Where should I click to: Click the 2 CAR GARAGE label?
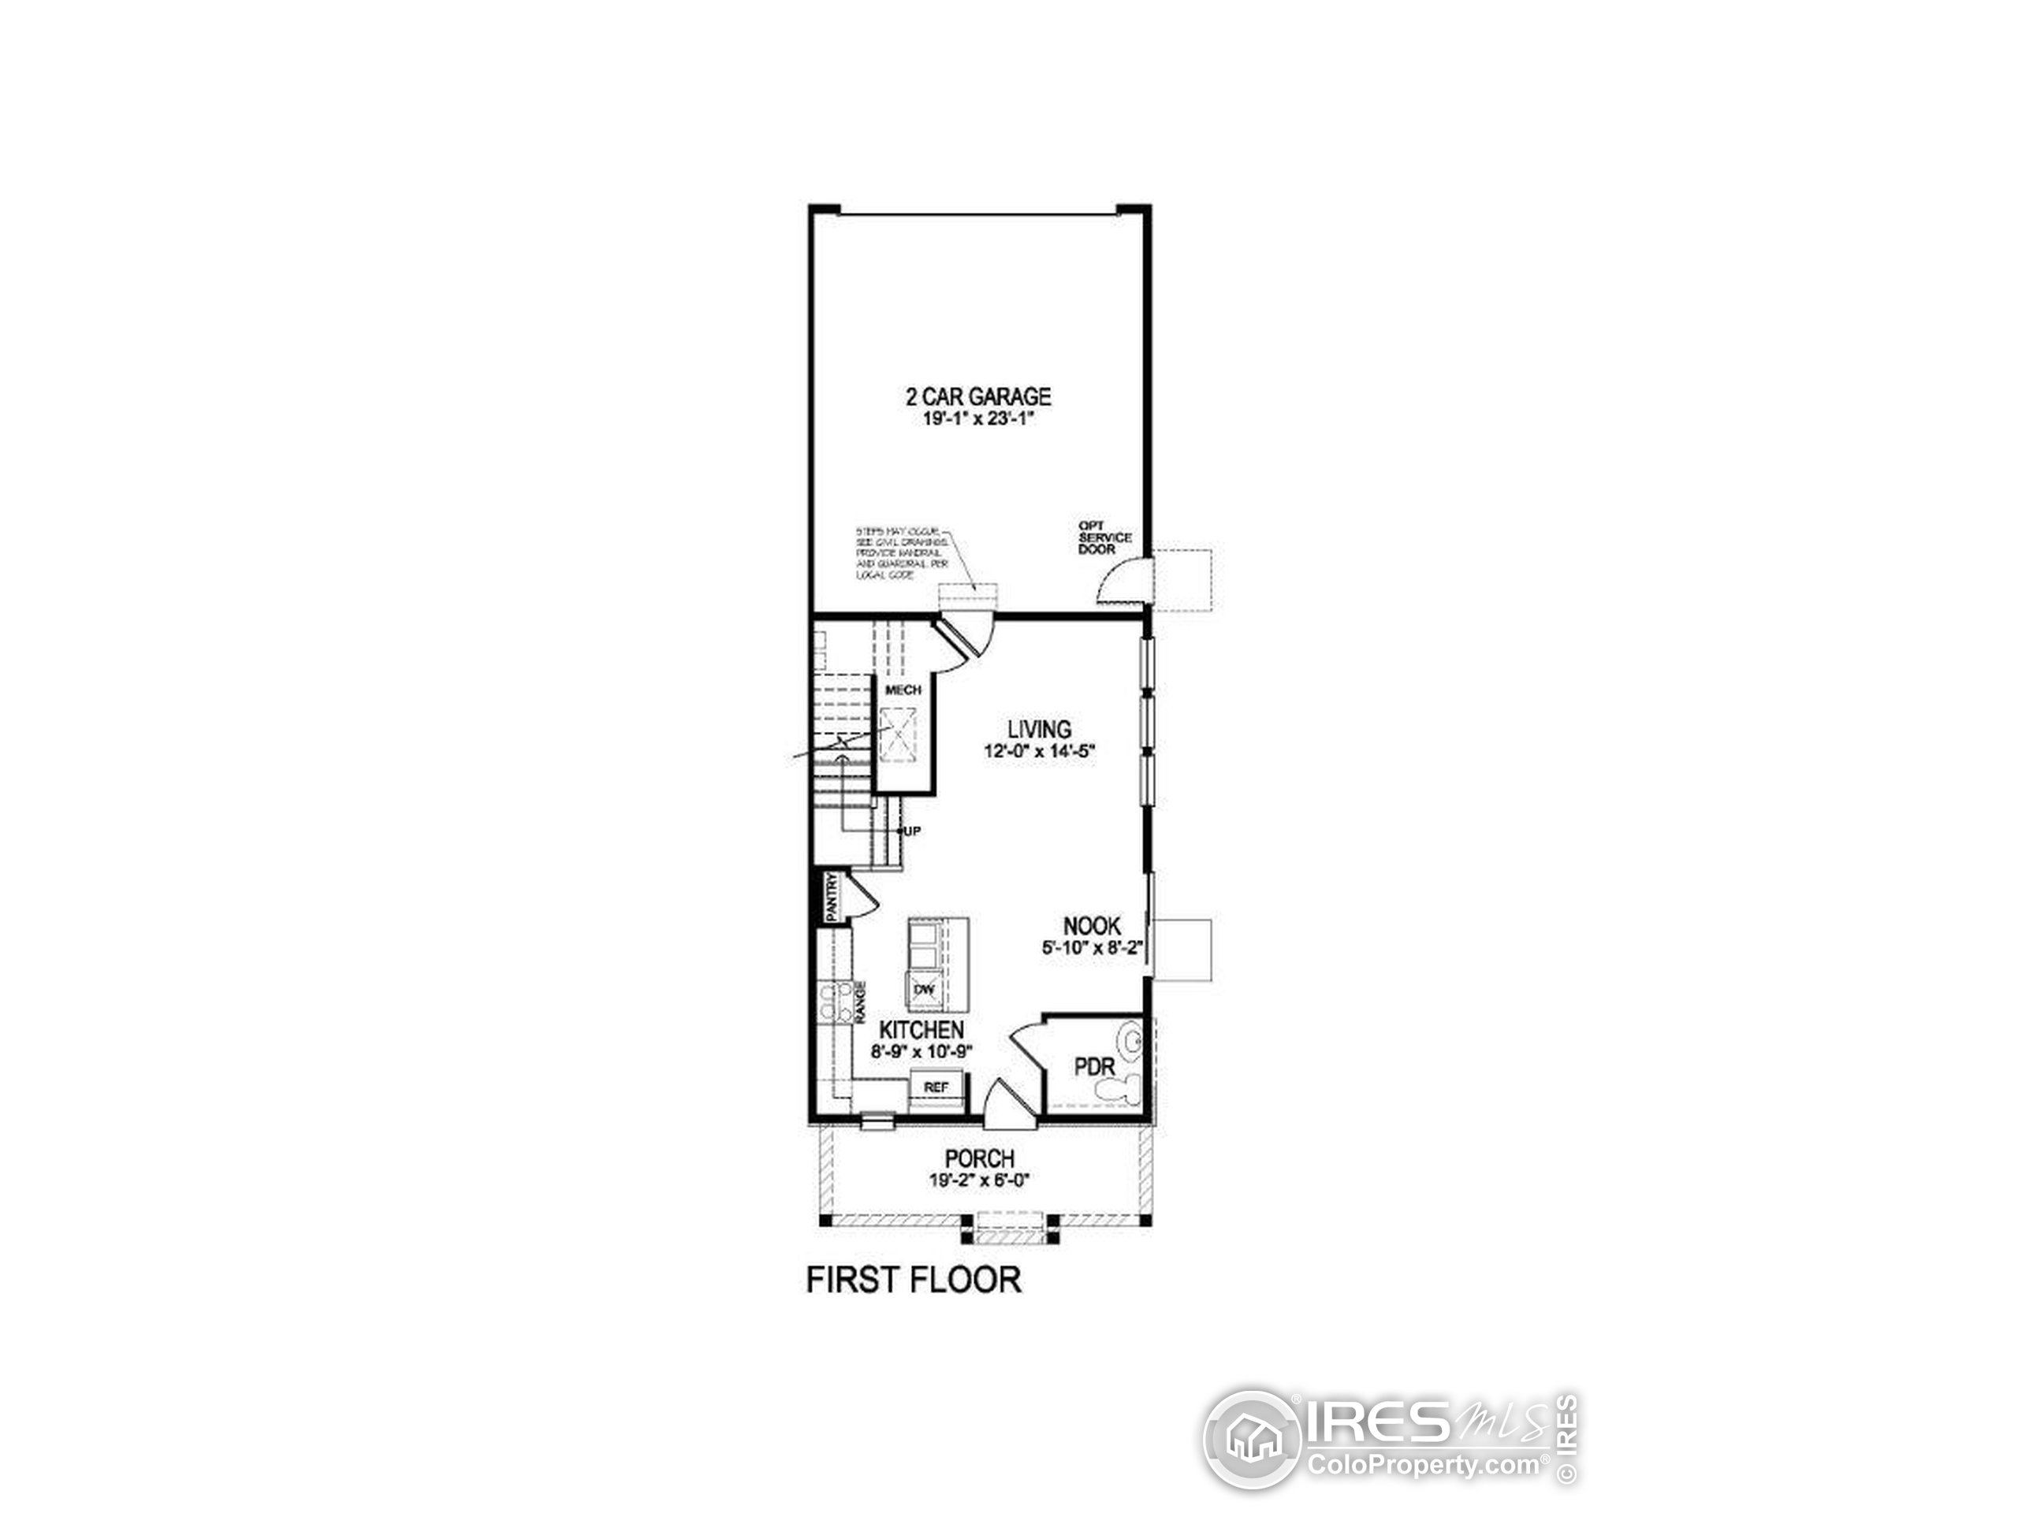978,396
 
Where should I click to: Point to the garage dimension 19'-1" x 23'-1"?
978,421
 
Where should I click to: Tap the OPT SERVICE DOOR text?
1105,537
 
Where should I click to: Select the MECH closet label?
903,690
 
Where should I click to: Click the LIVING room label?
1039,730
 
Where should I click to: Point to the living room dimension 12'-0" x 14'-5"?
1038,753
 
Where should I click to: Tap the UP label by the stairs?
911,831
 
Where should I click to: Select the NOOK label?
1091,927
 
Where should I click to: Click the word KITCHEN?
922,1030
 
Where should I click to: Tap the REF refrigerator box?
936,1087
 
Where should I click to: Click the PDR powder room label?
1095,1067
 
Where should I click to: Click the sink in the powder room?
1132,1041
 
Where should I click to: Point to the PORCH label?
979,1159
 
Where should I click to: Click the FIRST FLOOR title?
913,1281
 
